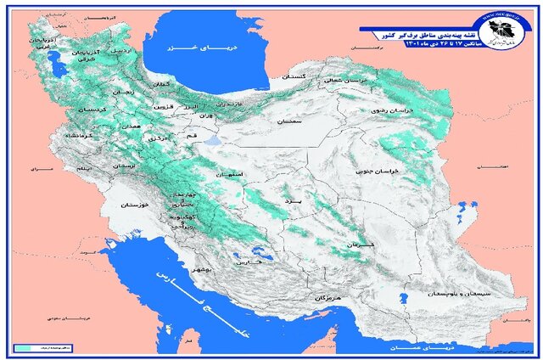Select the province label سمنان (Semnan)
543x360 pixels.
(288, 122)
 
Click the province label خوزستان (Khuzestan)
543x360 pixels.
(135, 205)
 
